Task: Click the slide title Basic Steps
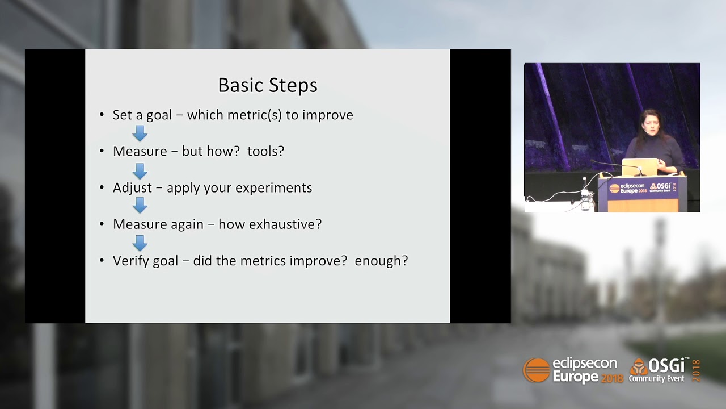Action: [x=268, y=85]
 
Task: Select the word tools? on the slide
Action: [x=265, y=151]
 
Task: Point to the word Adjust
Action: [x=132, y=188]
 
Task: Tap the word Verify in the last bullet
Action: [x=129, y=261]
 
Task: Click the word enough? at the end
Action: [x=381, y=261]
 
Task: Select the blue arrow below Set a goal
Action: [x=140, y=133]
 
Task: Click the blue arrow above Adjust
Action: [x=140, y=170]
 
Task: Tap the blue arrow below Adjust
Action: [x=140, y=206]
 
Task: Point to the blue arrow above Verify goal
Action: [x=140, y=243]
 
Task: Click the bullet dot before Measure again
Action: [x=102, y=224]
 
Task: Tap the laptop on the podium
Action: [x=639, y=168]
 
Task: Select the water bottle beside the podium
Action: [x=585, y=197]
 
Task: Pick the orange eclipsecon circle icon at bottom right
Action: [x=536, y=370]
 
